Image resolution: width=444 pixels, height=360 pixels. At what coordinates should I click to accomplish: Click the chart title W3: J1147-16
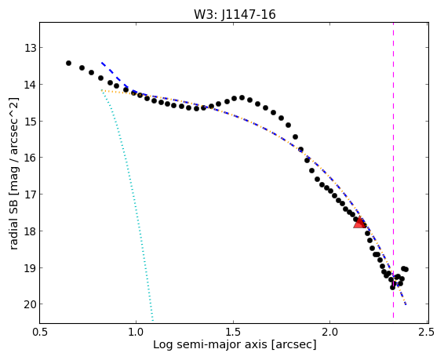tap(235, 14)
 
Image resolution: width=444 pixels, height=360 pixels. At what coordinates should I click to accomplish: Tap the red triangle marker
tap(359, 223)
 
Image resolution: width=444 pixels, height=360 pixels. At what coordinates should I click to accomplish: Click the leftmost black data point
tap(68, 63)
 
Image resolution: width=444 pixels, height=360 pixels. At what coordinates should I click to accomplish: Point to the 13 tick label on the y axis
tap(31, 48)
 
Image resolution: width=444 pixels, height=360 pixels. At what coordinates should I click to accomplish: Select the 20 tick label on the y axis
tap(31, 304)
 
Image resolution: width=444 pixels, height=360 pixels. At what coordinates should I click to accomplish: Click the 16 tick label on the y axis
tap(31, 158)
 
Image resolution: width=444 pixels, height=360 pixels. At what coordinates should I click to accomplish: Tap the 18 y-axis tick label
tap(31, 231)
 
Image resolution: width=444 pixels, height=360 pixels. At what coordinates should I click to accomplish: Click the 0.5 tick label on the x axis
tap(40, 332)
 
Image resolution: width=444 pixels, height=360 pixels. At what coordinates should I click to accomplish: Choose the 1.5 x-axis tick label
tap(233, 332)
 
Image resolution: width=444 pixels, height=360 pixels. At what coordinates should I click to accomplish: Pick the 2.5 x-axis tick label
tap(427, 332)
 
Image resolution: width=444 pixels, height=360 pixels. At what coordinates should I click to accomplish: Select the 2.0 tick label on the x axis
tap(330, 332)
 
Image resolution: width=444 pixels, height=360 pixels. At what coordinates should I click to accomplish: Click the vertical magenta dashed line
tap(393, 173)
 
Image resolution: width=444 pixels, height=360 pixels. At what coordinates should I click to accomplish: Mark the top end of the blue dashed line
tap(102, 62)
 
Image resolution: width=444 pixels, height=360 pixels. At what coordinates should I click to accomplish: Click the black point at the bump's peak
tap(242, 97)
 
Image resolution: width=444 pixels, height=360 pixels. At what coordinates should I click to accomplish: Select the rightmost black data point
tap(406, 270)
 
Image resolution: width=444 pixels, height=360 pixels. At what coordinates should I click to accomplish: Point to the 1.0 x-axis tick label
tap(136, 332)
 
